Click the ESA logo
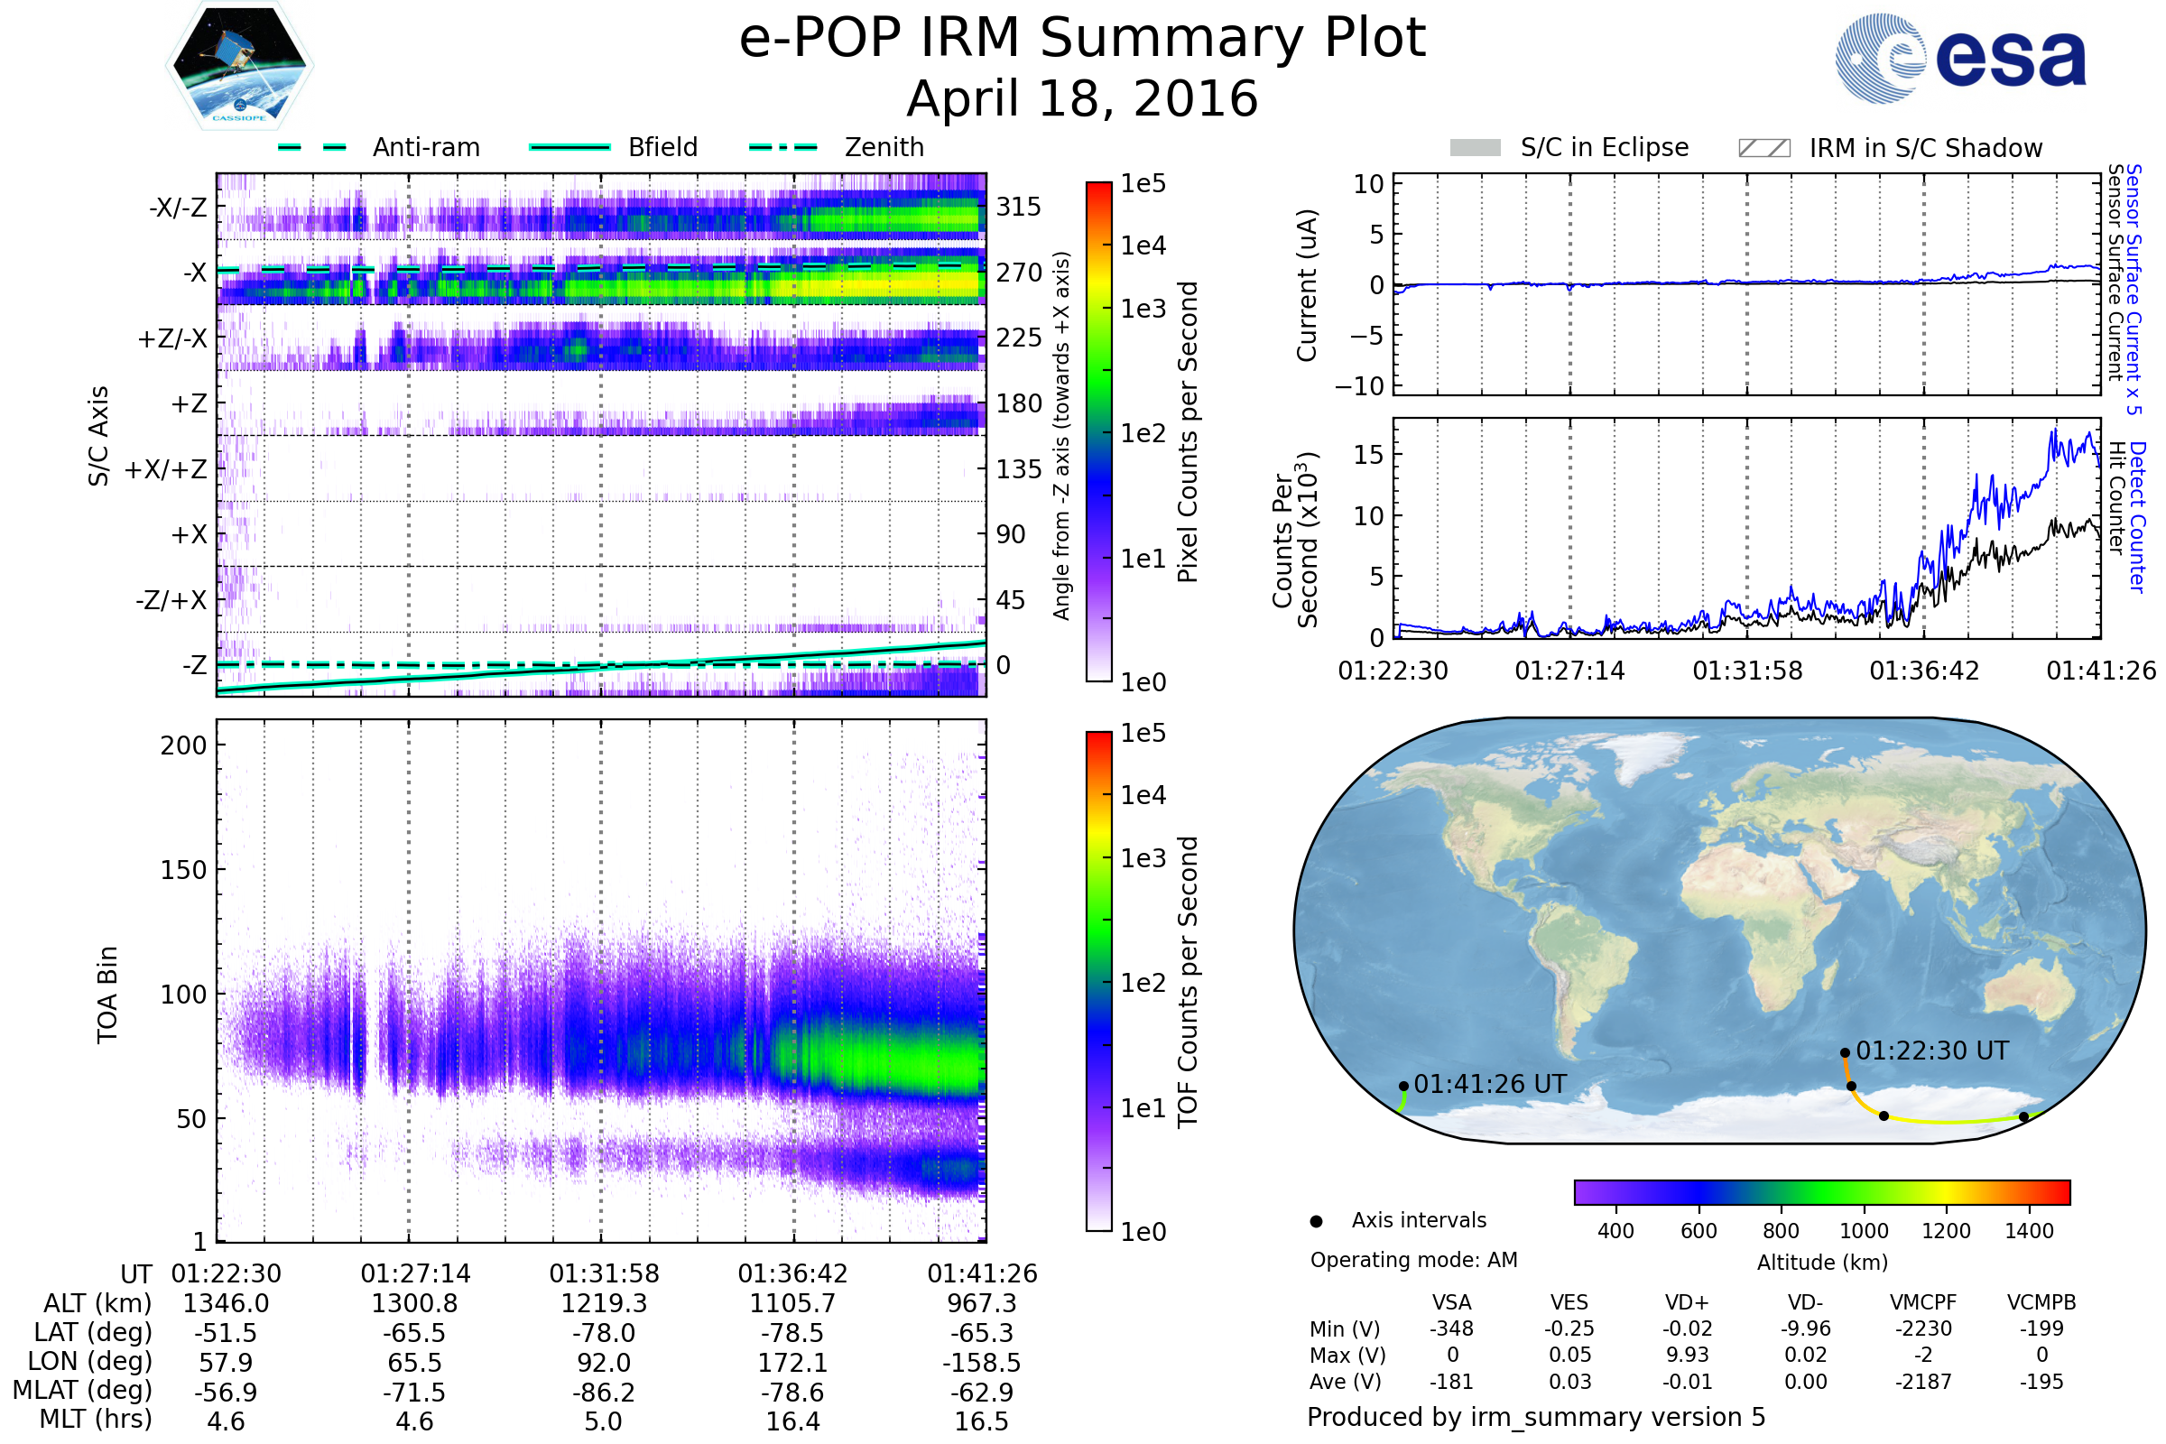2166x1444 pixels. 1960,57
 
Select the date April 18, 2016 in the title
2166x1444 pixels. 1082,98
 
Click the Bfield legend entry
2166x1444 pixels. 615,147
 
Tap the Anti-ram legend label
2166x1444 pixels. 426,147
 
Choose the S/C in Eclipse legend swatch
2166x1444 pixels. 1475,147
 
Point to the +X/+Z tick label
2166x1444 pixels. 166,469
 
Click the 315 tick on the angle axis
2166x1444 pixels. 1019,207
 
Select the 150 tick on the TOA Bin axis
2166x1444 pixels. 184,870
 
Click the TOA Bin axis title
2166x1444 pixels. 106,995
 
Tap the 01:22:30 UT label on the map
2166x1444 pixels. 1932,1051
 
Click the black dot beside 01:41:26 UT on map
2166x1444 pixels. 1403,1087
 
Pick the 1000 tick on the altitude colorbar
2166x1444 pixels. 1864,1231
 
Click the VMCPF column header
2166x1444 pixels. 1923,1302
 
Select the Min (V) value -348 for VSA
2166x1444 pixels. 1451,1328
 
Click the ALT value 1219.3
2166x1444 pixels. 604,1304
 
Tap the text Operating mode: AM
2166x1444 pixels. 1413,1260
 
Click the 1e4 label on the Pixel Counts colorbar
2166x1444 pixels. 1143,245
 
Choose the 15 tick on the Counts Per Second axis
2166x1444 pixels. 1368,454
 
